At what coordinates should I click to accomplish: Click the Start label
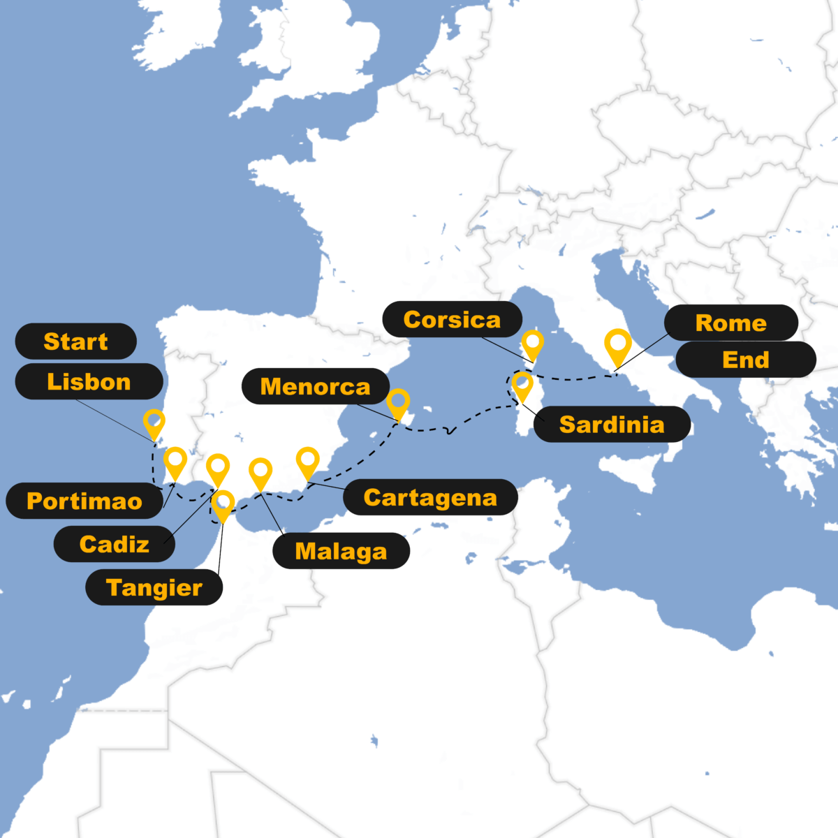75,341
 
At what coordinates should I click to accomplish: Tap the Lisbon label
89,382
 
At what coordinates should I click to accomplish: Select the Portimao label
84,501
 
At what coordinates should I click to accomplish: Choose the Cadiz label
115,544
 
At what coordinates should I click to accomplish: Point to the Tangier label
154,587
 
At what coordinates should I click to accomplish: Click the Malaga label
341,551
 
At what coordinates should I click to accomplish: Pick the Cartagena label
430,497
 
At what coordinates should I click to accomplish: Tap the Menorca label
315,386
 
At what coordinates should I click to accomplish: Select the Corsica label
452,320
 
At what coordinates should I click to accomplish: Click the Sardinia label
612,424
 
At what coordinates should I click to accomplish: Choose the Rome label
730,323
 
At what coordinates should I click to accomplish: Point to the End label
745,360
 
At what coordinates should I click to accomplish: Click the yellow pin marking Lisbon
154,422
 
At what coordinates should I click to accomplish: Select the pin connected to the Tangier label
223,503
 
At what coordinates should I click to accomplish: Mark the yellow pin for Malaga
260,472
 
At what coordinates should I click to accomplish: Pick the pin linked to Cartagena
307,461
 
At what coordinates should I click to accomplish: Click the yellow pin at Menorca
398,402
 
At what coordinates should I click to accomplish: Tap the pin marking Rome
618,345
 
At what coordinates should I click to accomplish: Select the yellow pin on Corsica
533,343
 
